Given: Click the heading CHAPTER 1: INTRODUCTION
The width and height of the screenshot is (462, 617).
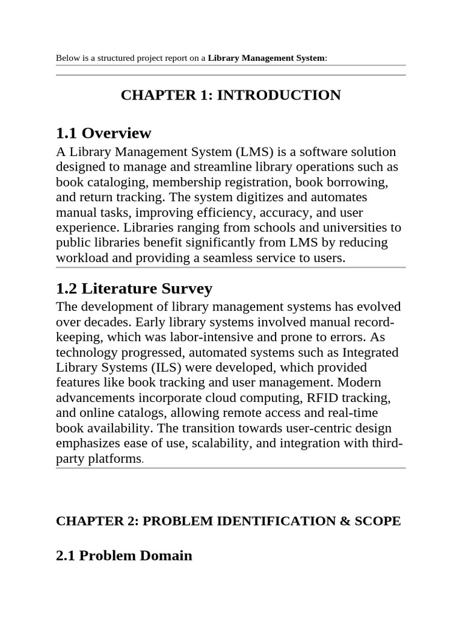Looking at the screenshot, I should tap(231, 95).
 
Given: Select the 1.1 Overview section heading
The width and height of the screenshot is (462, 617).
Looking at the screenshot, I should tap(103, 133).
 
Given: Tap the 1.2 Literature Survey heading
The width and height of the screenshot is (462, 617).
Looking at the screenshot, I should tap(134, 289).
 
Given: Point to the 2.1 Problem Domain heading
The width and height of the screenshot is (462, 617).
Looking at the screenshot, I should tap(124, 556).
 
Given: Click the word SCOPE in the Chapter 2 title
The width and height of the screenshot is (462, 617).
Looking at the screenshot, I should tap(378, 521).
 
